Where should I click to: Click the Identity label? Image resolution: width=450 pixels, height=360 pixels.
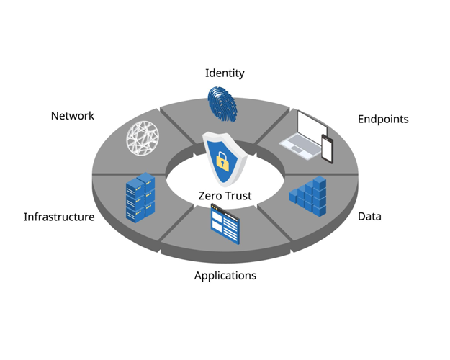pos(225,73)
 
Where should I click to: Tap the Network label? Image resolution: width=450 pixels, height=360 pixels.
pos(72,115)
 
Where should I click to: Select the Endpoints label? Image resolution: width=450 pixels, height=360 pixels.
pos(383,119)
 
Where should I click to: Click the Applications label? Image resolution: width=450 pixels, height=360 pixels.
pos(225,275)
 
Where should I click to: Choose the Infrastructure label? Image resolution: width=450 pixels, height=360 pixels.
pos(58,217)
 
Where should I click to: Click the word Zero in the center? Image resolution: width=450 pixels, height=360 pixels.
pos(211,196)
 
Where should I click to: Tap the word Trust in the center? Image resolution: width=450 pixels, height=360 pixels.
pos(238,196)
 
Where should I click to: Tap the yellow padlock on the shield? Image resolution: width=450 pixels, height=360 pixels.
pos(222,161)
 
